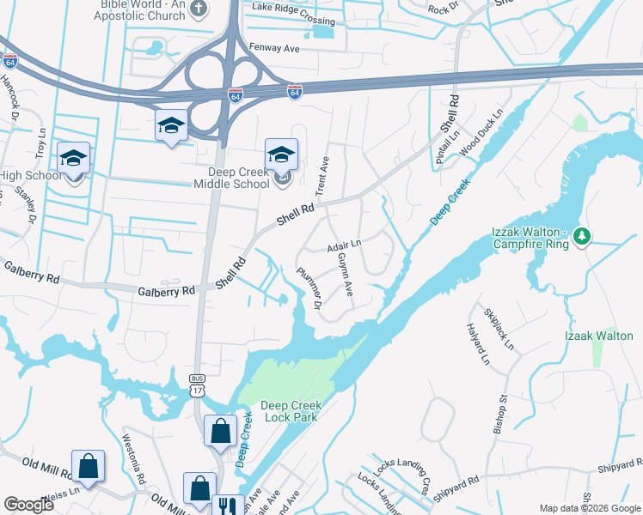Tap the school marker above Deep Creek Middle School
click(x=281, y=154)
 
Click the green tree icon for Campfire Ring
click(x=582, y=235)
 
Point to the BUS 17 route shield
click(x=197, y=385)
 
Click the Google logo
click(x=28, y=505)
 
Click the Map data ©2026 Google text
click(x=590, y=508)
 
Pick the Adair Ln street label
click(x=343, y=247)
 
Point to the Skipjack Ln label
click(x=498, y=329)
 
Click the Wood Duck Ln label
click(x=481, y=134)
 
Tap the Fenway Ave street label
click(x=273, y=49)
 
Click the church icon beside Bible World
click(x=198, y=9)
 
